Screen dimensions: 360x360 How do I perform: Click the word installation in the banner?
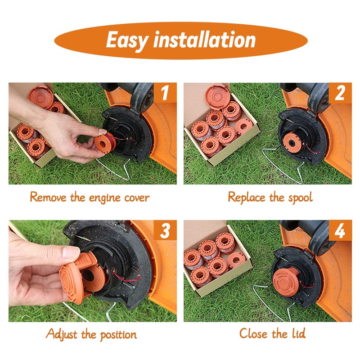[205, 40]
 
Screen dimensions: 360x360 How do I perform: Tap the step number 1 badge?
[165, 93]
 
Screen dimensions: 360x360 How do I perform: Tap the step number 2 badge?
[340, 93]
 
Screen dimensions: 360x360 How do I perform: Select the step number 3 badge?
[165, 230]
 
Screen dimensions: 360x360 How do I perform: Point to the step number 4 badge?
[340, 230]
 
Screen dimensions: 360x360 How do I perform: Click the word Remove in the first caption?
[48, 197]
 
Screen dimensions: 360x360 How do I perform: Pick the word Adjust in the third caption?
[61, 334]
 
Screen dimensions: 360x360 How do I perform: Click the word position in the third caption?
[118, 335]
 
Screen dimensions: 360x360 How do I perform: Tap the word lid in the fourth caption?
[299, 333]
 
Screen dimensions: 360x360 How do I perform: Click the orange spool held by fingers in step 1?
[105, 144]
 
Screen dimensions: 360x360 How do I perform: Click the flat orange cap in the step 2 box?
[217, 96]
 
